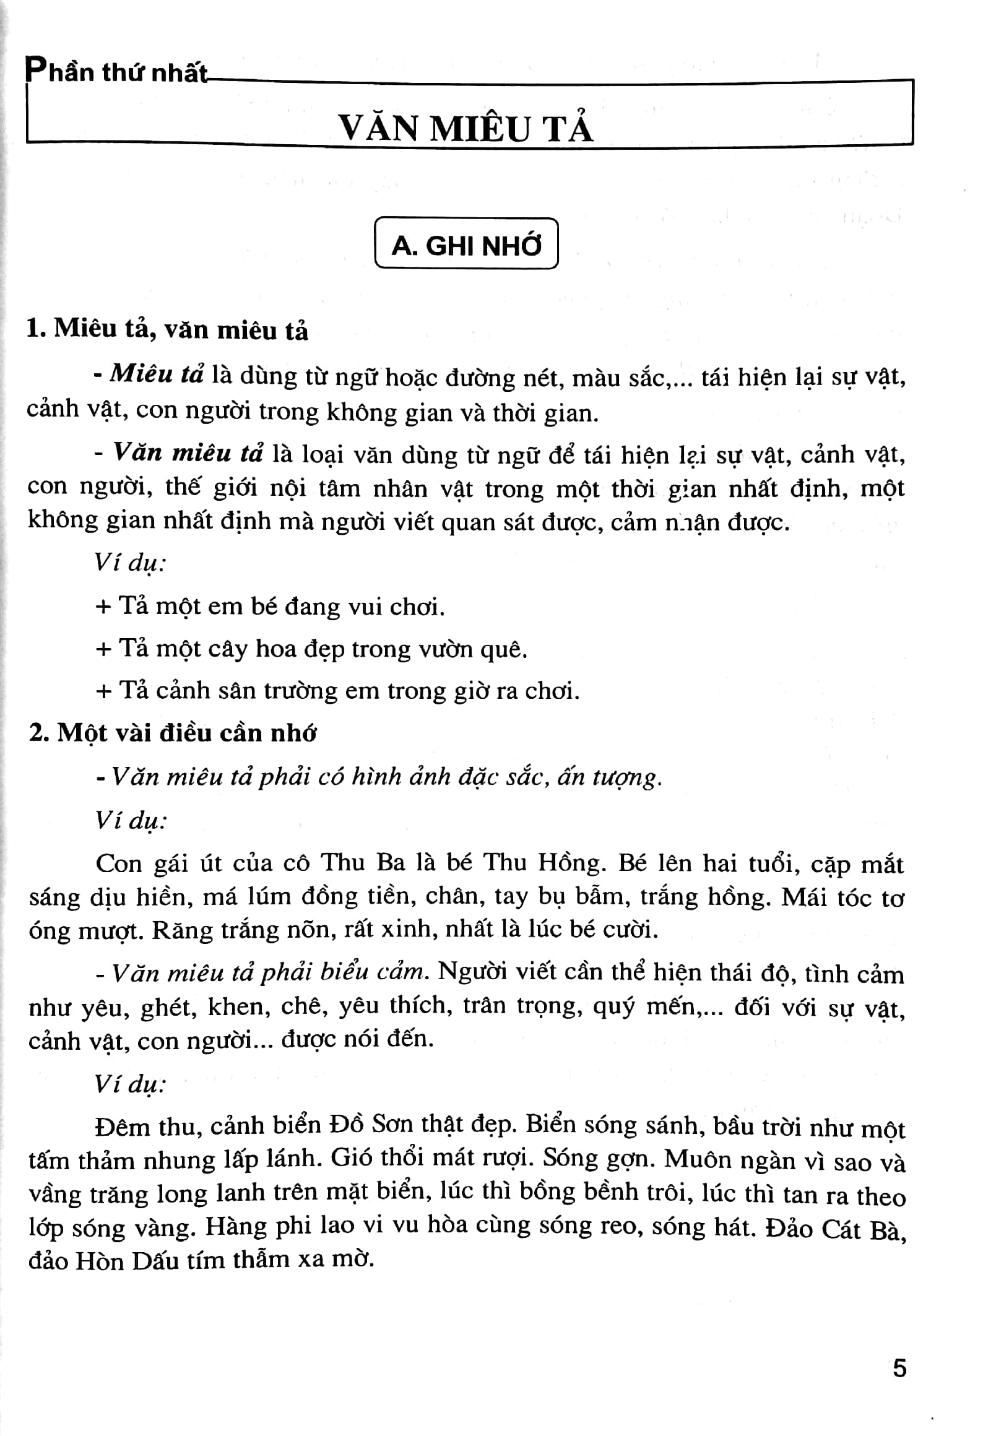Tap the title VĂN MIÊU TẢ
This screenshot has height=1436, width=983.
[x=466, y=129]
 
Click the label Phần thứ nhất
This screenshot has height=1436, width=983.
[x=116, y=73]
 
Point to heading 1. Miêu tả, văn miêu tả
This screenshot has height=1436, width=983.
[x=167, y=329]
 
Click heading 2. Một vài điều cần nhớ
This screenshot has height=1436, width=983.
[x=173, y=733]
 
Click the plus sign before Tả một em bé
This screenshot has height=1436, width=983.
[x=103, y=607]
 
